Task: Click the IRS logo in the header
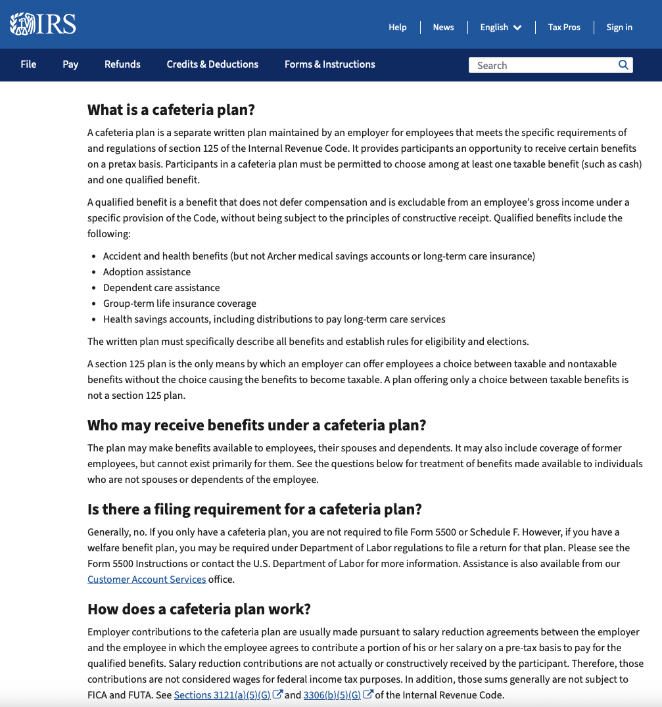click(x=43, y=24)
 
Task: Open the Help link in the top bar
click(x=397, y=27)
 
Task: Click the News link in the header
click(x=443, y=27)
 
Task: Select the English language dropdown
click(x=500, y=27)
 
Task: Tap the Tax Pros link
click(x=564, y=27)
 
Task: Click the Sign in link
click(x=619, y=27)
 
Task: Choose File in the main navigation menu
click(x=28, y=64)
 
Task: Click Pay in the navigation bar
click(x=70, y=64)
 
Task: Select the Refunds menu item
click(x=122, y=64)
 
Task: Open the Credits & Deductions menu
click(x=212, y=64)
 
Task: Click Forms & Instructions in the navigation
click(x=329, y=64)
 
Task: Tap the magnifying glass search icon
click(x=623, y=65)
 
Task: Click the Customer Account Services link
click(x=147, y=580)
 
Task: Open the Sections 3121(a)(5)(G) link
click(x=222, y=695)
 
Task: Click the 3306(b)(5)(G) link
click(x=332, y=695)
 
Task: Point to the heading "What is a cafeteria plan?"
click(x=171, y=110)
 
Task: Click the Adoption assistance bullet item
click(x=147, y=272)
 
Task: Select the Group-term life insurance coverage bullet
click(x=179, y=304)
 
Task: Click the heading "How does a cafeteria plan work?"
click(x=199, y=609)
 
